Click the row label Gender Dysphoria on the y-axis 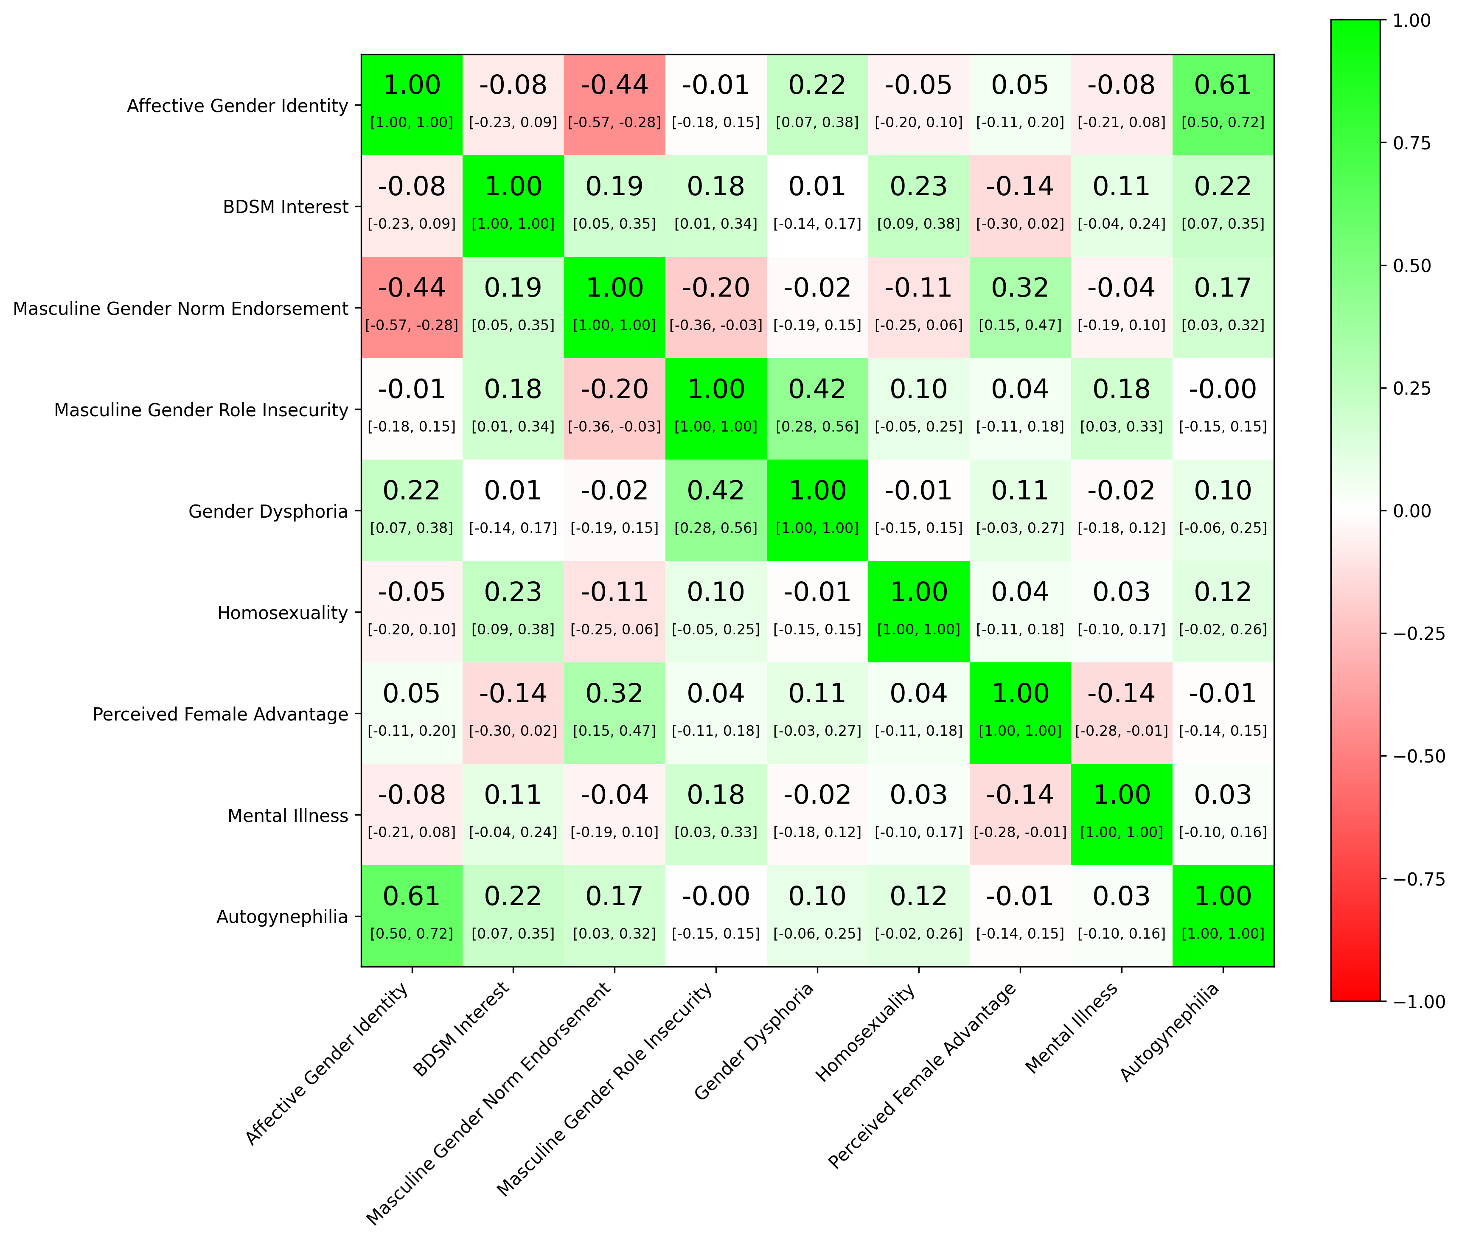coord(268,511)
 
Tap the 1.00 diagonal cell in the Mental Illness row coord(1122,815)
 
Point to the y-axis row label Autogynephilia coord(282,917)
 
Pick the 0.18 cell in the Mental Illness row coord(716,815)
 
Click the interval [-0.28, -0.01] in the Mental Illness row coord(1020,832)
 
